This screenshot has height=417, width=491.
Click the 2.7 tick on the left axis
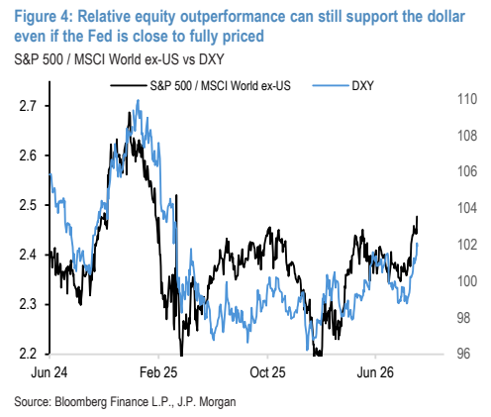coord(28,106)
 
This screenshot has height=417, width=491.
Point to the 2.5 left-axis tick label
coord(28,205)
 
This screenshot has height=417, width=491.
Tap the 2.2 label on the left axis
coord(28,354)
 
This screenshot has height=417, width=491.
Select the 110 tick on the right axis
coord(467,99)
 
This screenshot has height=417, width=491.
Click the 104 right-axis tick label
coord(467,208)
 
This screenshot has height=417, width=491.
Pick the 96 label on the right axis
coord(463,354)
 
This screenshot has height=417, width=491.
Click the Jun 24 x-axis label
coord(49,372)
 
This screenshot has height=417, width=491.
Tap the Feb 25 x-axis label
coord(158,372)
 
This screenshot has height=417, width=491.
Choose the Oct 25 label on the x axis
coord(267,372)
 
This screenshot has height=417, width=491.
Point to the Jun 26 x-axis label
coord(375,372)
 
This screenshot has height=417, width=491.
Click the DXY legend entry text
coord(362,86)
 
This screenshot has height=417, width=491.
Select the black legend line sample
coord(129,86)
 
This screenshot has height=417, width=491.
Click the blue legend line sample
coord(331,86)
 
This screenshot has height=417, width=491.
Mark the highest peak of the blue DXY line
coord(138,99)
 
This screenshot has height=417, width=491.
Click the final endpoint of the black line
coord(418,216)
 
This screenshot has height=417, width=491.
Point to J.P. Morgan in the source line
coord(206,402)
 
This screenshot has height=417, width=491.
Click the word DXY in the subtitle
coord(211,59)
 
